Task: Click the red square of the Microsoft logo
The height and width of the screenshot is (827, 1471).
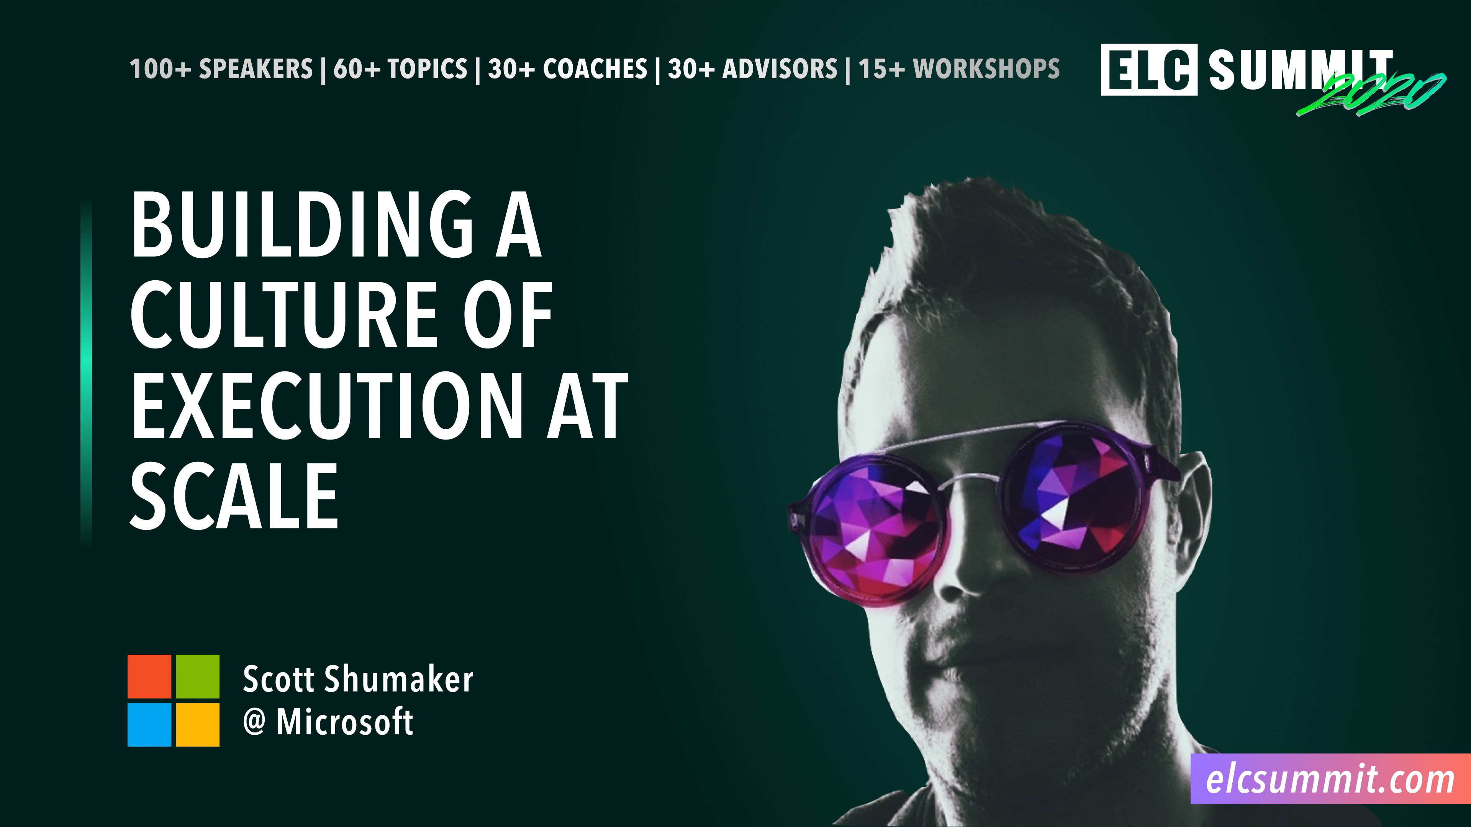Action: point(149,676)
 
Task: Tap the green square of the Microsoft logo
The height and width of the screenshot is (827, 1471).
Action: point(197,676)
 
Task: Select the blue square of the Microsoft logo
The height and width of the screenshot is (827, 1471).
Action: point(149,724)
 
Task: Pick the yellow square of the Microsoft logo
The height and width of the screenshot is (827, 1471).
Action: point(197,724)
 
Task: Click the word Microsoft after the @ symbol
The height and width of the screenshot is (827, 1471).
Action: point(344,722)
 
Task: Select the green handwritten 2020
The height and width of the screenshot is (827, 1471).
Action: point(1371,94)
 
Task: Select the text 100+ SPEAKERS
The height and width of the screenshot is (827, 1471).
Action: point(221,69)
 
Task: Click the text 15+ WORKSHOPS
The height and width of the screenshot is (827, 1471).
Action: point(959,69)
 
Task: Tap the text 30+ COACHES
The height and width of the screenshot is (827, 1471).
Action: point(567,69)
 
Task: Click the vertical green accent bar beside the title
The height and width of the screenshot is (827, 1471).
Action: point(86,371)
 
